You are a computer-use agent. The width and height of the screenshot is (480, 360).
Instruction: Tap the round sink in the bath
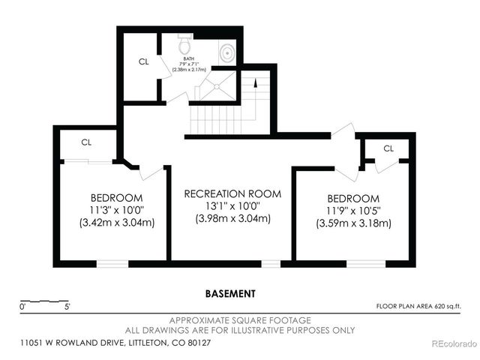tap(228, 53)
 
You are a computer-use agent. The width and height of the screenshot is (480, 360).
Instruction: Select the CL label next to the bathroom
tap(143, 62)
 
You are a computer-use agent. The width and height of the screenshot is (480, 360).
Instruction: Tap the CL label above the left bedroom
tap(87, 142)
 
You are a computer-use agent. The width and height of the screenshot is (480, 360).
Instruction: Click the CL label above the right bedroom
tap(388, 148)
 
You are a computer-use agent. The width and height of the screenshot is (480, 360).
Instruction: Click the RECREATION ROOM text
tap(232, 193)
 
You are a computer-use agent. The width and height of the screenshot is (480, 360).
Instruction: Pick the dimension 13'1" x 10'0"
tap(232, 206)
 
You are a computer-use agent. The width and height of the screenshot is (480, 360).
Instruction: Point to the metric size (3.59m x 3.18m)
tap(353, 223)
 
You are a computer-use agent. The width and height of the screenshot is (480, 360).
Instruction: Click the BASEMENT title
tap(230, 293)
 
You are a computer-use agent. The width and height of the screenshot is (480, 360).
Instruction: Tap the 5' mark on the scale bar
tap(67, 306)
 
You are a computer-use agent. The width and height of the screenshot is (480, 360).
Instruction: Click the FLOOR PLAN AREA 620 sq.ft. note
tap(418, 306)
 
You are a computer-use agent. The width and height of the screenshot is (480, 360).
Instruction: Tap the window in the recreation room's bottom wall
tap(270, 263)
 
